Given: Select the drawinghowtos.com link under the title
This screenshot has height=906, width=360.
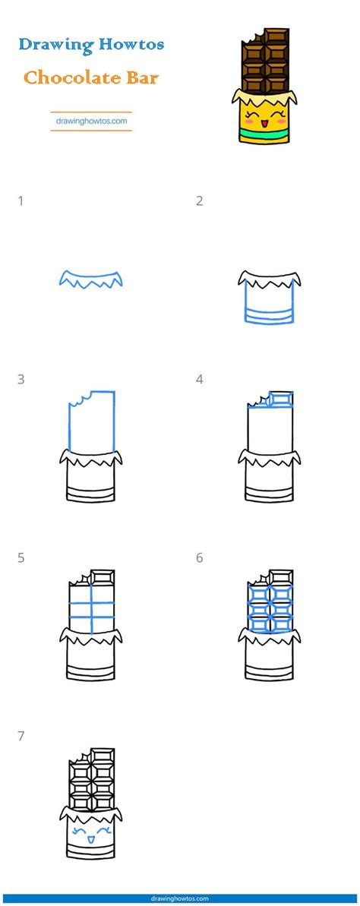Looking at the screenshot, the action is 91,122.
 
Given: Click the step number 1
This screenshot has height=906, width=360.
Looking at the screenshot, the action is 21,201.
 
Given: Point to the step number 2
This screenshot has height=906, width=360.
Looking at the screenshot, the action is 199,201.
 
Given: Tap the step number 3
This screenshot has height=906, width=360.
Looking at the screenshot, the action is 21,380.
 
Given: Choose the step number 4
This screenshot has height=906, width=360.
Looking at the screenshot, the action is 199,380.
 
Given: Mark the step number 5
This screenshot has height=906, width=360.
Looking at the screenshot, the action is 21,558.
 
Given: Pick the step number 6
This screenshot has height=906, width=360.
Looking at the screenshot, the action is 199,558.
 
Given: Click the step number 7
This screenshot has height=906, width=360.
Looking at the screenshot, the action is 21,737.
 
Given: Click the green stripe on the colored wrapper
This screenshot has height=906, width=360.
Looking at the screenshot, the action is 264,137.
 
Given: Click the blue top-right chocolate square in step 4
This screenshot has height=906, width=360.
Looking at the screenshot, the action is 282,399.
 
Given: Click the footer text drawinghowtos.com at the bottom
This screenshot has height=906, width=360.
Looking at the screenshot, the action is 180,899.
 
